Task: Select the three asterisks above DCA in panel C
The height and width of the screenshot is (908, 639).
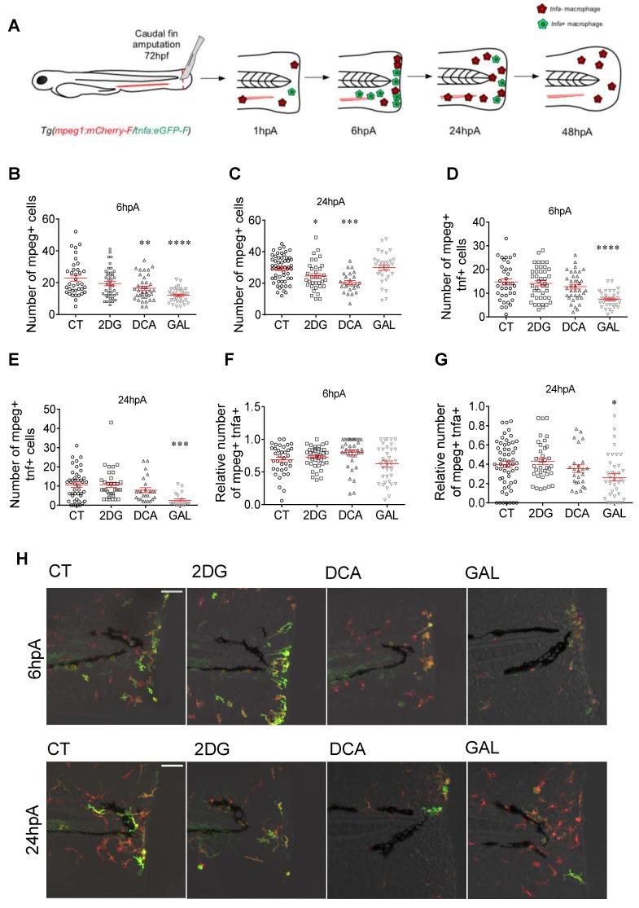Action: pos(350,244)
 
